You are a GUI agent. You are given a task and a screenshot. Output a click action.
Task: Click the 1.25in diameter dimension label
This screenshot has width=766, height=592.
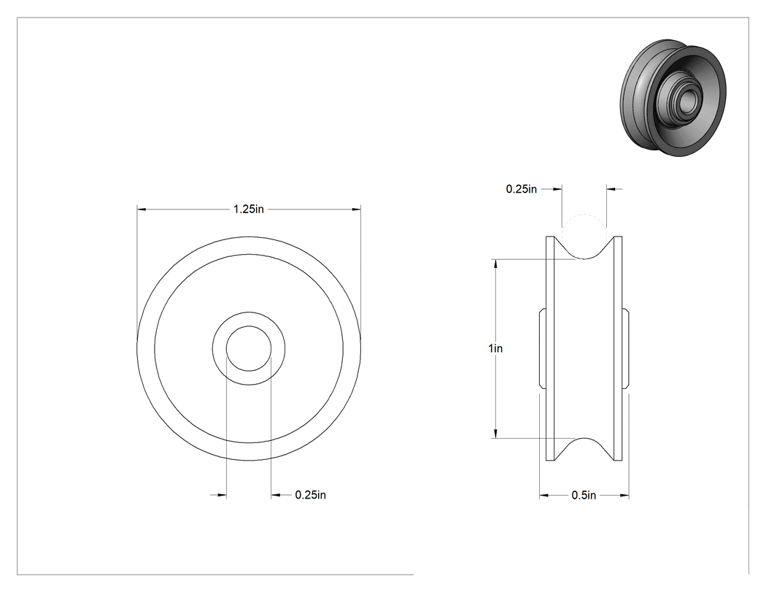coord(249,209)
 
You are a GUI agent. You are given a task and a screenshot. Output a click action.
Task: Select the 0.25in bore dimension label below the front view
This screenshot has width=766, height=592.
coord(310,495)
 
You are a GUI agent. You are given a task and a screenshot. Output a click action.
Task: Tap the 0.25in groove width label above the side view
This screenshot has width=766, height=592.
coord(522,189)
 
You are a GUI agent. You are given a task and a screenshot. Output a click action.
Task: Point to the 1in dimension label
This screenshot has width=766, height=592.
coord(495,348)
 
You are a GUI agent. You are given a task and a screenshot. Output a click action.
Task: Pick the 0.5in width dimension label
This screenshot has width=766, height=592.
coord(584,495)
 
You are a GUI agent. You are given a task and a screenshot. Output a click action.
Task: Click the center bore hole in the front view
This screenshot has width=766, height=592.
coord(249,348)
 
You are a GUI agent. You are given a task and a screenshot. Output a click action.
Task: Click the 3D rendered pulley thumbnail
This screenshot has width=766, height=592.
coord(673,98)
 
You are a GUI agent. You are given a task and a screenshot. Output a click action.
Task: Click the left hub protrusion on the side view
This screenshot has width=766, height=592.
coord(542,348)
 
